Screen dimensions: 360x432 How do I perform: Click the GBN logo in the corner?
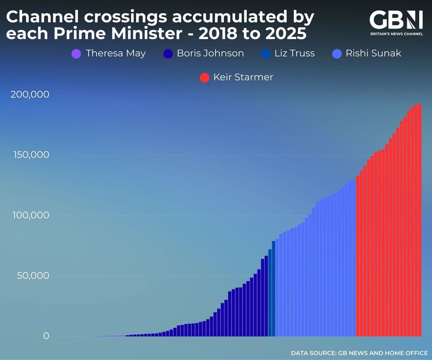tap(395, 20)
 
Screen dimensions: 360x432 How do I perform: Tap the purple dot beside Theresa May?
tap(76, 54)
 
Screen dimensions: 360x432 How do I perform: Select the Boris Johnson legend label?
tap(210, 53)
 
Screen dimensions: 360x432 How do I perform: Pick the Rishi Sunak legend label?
tap(373, 53)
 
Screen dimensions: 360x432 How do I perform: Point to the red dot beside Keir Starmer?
tap(205, 78)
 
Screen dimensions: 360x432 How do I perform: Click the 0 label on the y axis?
tap(46, 336)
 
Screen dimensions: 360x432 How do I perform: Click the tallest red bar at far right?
tap(420, 220)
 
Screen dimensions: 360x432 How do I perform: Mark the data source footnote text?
tap(359, 353)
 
